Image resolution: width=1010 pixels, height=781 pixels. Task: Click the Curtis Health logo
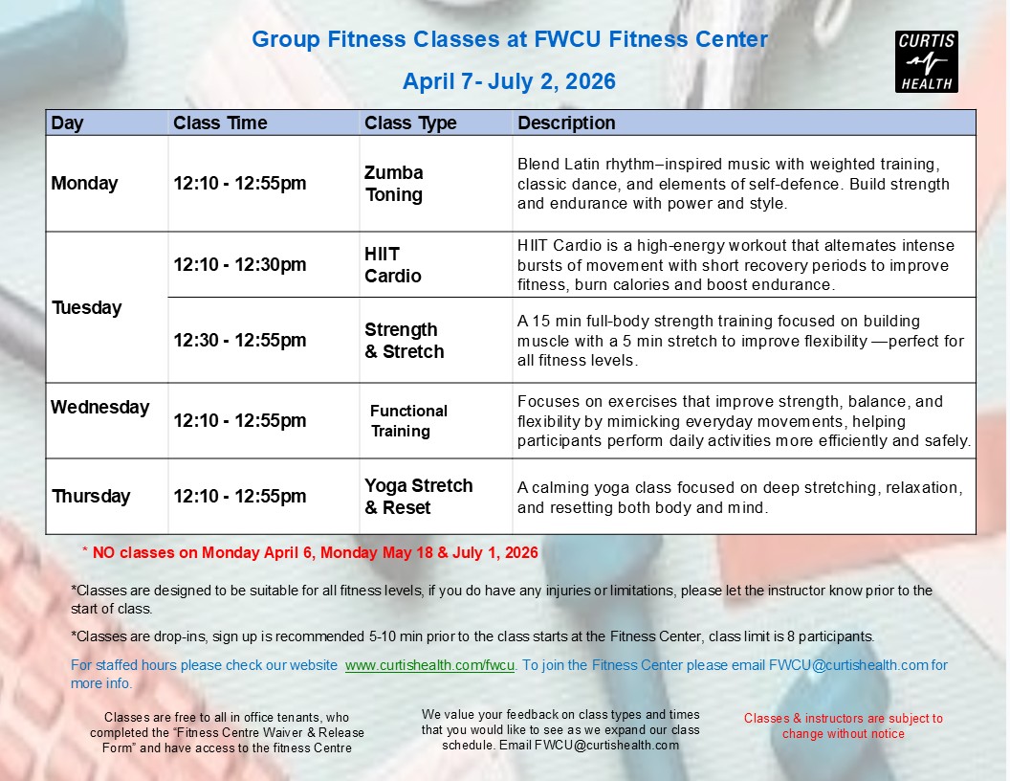point(926,62)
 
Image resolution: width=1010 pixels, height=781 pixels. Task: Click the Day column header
point(67,123)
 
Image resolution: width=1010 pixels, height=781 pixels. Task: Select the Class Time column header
point(220,123)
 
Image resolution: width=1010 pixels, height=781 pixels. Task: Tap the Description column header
point(566,123)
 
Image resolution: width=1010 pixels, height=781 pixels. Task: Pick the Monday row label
point(84,184)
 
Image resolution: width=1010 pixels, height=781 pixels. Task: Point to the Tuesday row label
point(87,308)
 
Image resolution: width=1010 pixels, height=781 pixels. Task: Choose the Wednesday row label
point(99,408)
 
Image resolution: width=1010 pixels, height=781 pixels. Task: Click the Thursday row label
point(91,496)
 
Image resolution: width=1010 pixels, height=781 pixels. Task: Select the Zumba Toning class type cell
point(393,184)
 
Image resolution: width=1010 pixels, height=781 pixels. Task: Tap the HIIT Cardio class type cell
point(393,265)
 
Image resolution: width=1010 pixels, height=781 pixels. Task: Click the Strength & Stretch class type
point(405,340)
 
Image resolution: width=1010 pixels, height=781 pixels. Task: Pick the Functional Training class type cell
point(408,421)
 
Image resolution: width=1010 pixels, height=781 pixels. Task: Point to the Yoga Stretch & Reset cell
point(419,496)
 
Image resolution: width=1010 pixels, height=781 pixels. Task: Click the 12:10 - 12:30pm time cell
point(240,265)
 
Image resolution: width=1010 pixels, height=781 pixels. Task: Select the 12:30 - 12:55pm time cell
point(240,340)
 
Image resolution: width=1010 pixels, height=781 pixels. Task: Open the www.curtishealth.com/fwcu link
point(429,665)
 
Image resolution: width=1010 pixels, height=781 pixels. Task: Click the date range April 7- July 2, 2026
point(509,81)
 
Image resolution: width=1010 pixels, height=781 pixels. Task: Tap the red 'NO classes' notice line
point(311,553)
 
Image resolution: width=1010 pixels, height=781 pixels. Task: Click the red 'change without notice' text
point(844,734)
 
